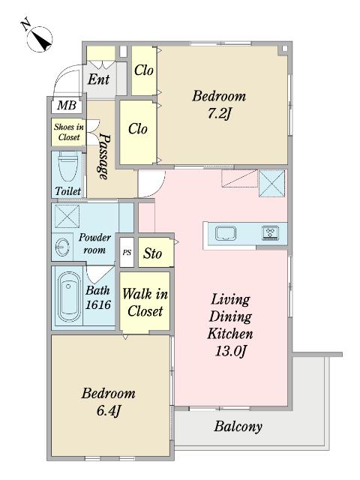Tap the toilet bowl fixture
pyautogui.click(x=68, y=166)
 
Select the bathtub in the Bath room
pyautogui.click(x=70, y=297)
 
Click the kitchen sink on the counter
pyautogui.click(x=225, y=233)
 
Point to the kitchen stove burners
pyautogui.click(x=271, y=232)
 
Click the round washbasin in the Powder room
pyautogui.click(x=62, y=247)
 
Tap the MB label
pyautogui.click(x=67, y=105)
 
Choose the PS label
pyautogui.click(x=127, y=253)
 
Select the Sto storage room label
pyautogui.click(x=152, y=253)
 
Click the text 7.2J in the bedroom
pyautogui.click(x=219, y=113)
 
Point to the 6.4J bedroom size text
pyautogui.click(x=108, y=410)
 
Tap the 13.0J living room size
pyautogui.click(x=230, y=351)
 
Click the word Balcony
pyautogui.click(x=238, y=427)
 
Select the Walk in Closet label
pyautogui.click(x=145, y=303)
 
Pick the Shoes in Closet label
pyautogui.click(x=69, y=132)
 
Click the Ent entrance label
pyautogui.click(x=98, y=79)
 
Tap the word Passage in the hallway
pyautogui.click(x=104, y=156)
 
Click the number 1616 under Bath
pyautogui.click(x=98, y=304)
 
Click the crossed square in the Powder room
pyautogui.click(x=67, y=217)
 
